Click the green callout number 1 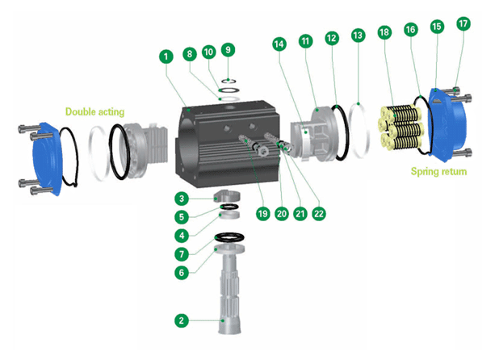pyautogui.click(x=166, y=57)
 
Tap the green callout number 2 pyautogui.click(x=182, y=320)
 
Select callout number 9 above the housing pyautogui.click(x=228, y=49)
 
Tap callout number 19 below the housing pyautogui.click(x=262, y=214)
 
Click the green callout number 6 pyautogui.click(x=182, y=273)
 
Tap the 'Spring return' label pyautogui.click(x=438, y=172)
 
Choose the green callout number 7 pyautogui.click(x=182, y=254)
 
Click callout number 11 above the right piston pyautogui.click(x=306, y=40)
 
